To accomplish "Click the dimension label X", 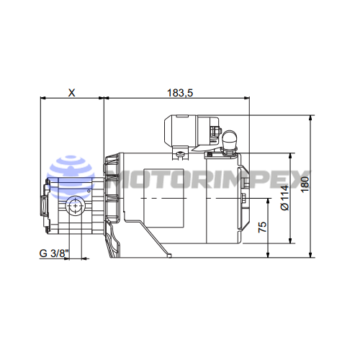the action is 71,93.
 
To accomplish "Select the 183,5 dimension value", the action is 180,93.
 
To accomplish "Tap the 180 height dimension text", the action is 305,184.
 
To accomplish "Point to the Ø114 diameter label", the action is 285,198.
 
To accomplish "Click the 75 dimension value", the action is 262,227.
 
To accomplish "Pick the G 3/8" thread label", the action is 54,253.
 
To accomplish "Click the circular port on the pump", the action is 76,206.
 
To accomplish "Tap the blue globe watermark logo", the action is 71,178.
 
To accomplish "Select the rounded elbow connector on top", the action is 230,140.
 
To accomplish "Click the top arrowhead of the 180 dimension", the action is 311,118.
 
